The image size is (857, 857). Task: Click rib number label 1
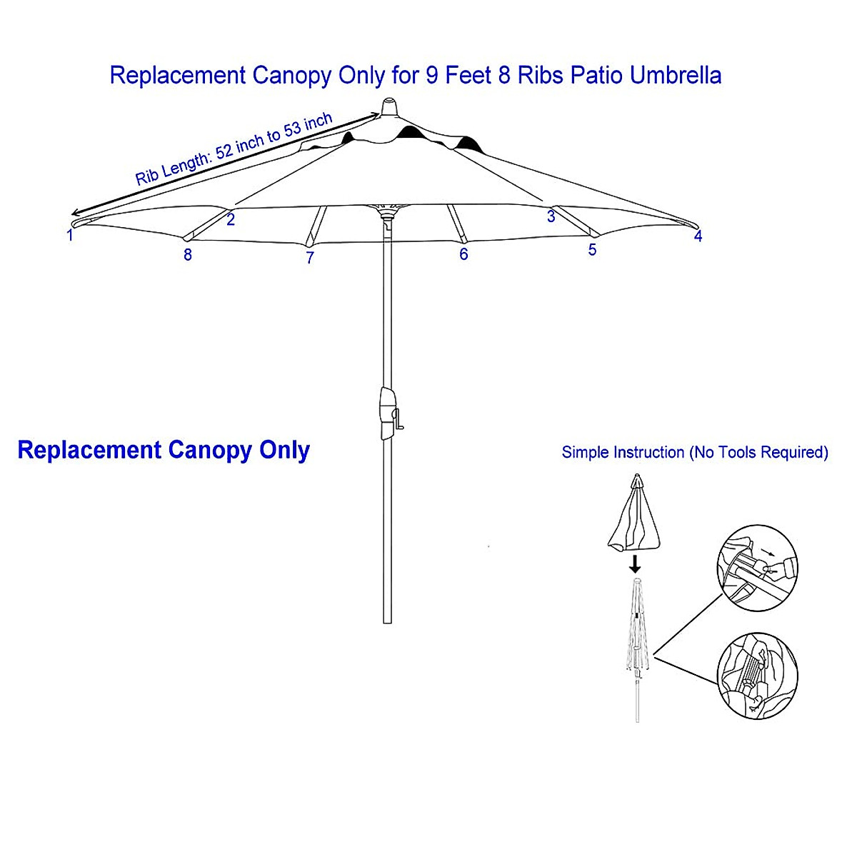(70, 235)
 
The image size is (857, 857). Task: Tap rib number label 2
(231, 221)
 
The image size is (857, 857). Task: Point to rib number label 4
(698, 236)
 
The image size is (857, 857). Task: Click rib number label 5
(592, 251)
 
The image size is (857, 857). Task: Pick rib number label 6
(463, 255)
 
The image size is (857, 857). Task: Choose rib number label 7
(310, 259)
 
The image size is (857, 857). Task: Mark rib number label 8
(188, 255)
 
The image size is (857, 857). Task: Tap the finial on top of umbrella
(389, 108)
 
